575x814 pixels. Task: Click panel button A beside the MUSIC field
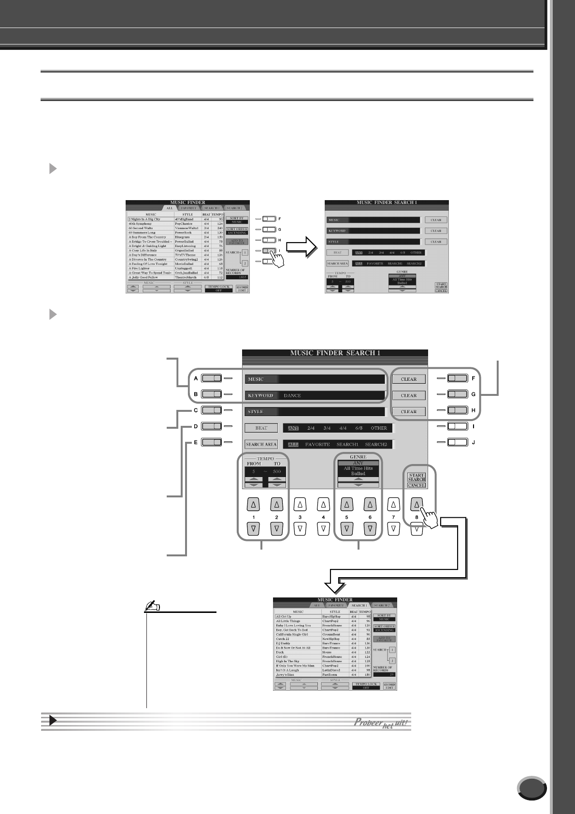(x=212, y=379)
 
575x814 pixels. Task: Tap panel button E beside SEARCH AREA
(x=212, y=442)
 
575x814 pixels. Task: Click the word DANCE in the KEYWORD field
(x=292, y=395)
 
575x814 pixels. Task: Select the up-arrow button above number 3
(x=300, y=505)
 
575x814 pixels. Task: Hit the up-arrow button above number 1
(x=254, y=505)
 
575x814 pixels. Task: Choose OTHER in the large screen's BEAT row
(x=379, y=428)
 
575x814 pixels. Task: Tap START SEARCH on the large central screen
(x=416, y=477)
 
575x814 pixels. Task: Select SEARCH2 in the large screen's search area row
(x=376, y=444)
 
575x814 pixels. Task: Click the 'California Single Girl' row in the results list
(x=295, y=635)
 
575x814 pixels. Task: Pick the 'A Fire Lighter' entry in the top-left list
(x=140, y=268)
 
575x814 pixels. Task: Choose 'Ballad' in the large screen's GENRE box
(x=358, y=474)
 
